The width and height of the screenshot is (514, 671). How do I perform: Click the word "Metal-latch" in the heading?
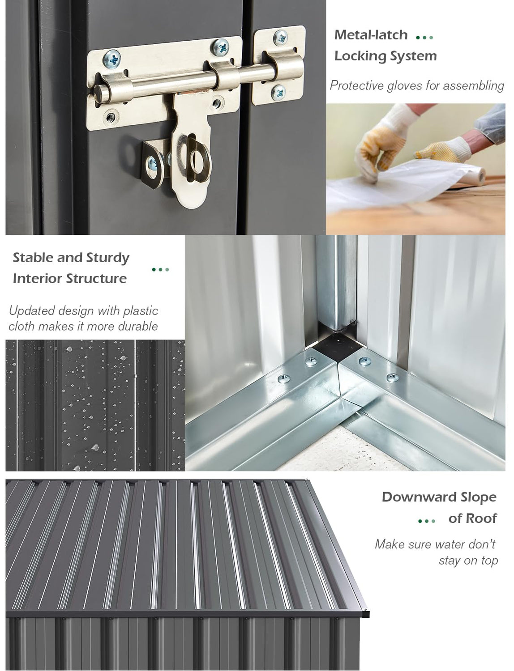pyautogui.click(x=371, y=35)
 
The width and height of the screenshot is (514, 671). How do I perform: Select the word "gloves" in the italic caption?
pyautogui.click(x=405, y=86)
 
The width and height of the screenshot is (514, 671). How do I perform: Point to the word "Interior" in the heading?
pyautogui.click(x=37, y=279)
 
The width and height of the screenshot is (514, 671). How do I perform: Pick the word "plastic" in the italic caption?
pyautogui.click(x=141, y=311)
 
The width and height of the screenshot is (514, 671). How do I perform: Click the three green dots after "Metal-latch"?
pyautogui.click(x=424, y=38)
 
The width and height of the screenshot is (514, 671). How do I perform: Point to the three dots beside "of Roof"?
pyautogui.click(x=427, y=521)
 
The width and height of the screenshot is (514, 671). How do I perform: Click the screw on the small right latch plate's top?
pyautogui.click(x=280, y=38)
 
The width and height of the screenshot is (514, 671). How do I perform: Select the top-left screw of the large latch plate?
pyautogui.click(x=111, y=59)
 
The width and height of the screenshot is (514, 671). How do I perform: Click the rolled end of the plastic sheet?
pyautogui.click(x=480, y=176)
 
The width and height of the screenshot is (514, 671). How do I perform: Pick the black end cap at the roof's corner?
pyautogui.click(x=366, y=612)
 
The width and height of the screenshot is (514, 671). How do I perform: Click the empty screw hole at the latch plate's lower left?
pyautogui.click(x=110, y=117)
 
